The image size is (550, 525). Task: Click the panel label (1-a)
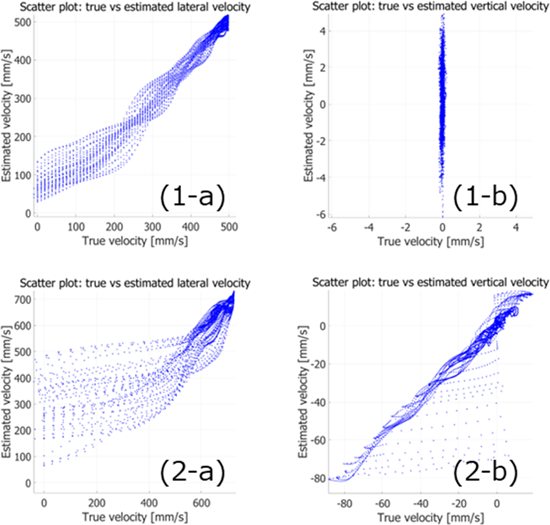[x=193, y=197]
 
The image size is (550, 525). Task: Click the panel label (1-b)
[x=485, y=197]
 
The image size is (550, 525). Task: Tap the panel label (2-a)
[x=193, y=473]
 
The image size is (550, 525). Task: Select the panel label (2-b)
[x=485, y=473]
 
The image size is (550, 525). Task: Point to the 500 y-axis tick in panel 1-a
[x=23, y=22]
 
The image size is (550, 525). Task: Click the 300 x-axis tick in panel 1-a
[x=153, y=227]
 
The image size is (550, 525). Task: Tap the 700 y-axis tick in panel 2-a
[x=23, y=300]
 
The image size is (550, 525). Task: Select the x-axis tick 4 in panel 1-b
[x=516, y=227]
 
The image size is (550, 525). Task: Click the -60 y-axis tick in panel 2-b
[x=318, y=441]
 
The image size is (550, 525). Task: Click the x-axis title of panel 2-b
[x=431, y=517]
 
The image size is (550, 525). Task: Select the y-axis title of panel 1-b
[x=309, y=115]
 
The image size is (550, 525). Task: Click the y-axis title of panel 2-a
[x=6, y=392]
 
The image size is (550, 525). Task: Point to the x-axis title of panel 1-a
[x=135, y=241]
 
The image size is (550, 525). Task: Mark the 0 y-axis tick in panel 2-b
[x=322, y=326]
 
